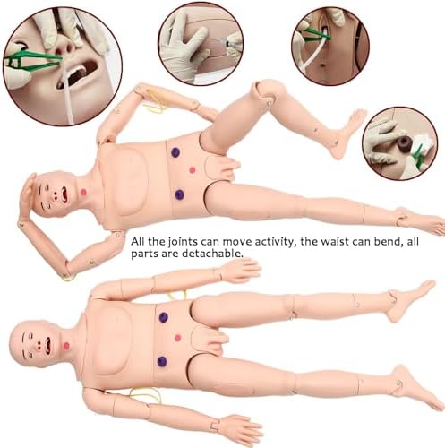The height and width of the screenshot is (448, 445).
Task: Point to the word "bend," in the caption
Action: pos(383,241)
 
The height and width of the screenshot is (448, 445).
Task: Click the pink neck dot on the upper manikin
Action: pos(83,192)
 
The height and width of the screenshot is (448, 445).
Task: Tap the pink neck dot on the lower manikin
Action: pos(66,346)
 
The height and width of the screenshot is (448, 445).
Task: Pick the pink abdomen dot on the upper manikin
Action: pos(193,170)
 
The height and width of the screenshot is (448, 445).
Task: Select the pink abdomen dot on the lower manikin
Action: pos(177,338)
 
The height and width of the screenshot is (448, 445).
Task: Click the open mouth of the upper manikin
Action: pos(64,194)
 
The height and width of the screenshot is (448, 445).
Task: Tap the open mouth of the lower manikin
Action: pos(47,344)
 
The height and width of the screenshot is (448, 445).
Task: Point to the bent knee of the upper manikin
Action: pos(267,90)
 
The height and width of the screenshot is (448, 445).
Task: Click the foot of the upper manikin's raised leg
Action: pos(347,133)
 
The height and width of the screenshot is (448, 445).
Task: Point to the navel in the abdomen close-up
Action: pos(323,64)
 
